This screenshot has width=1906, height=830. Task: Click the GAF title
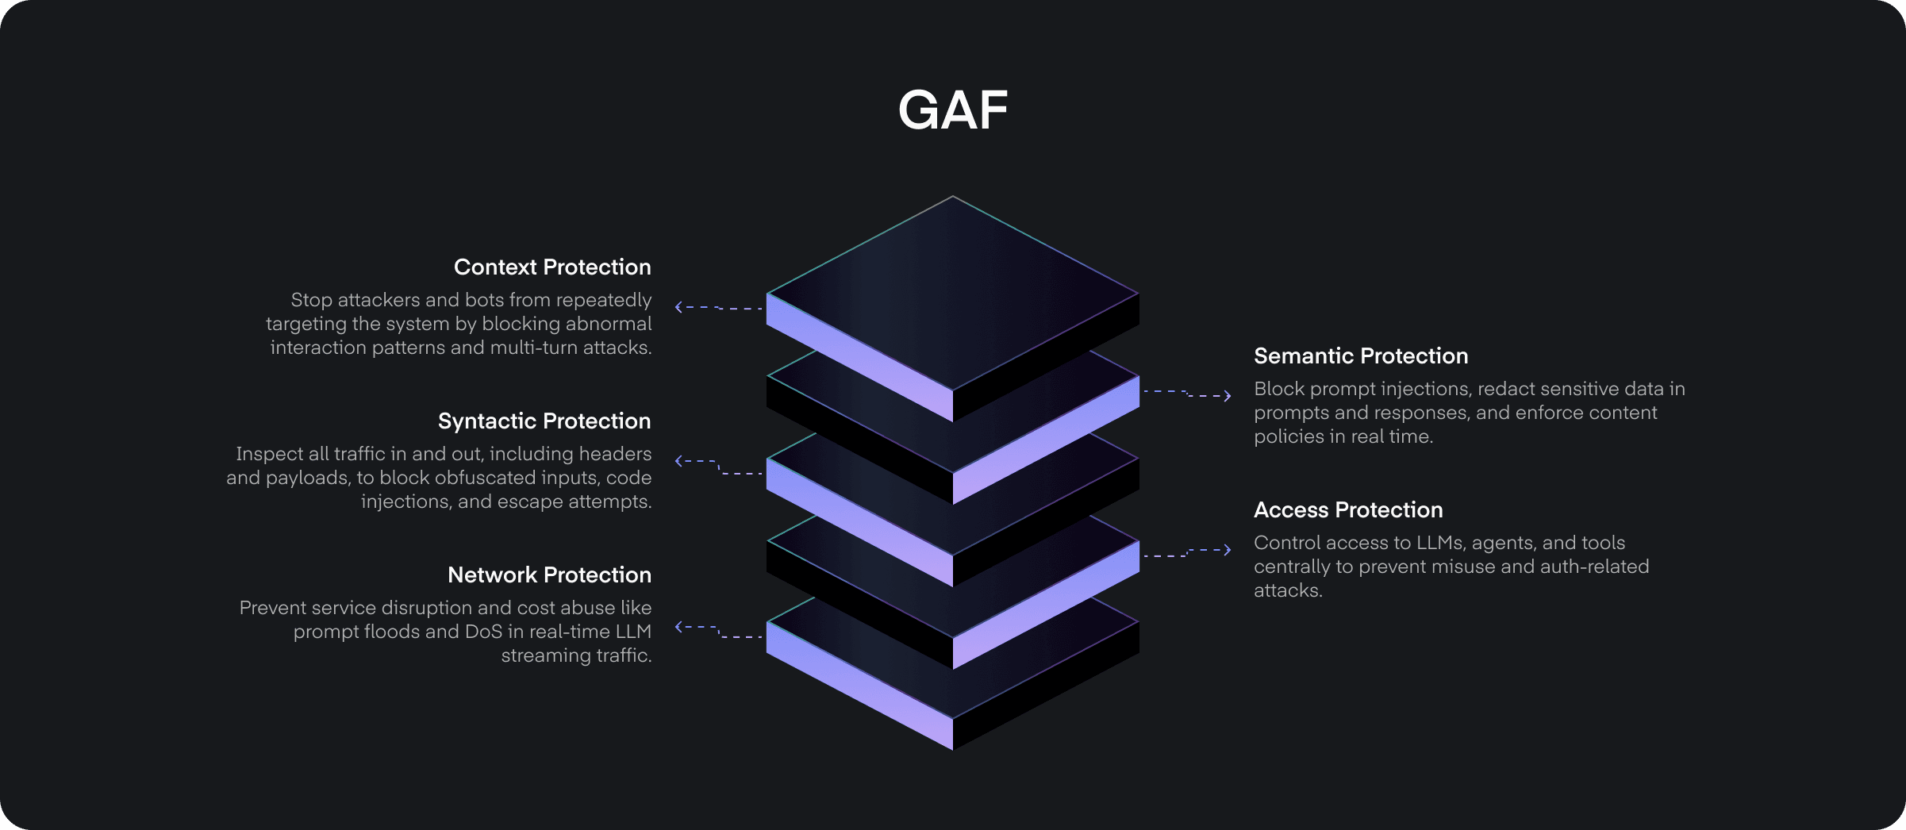[953, 110]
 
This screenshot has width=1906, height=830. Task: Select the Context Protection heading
[552, 267]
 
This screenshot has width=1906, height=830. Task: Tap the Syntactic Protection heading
[544, 421]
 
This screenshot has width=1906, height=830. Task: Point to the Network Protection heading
[549, 575]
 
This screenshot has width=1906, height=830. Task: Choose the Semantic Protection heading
[1361, 356]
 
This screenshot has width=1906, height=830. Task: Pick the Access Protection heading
[1348, 510]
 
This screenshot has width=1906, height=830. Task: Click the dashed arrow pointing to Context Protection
[719, 307]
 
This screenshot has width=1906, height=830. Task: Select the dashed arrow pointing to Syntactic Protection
[719, 467]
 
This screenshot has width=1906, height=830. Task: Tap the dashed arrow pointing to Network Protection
[719, 632]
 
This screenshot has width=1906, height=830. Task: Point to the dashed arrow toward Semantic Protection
[1187, 394]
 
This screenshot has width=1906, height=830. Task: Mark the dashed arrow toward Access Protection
[1187, 553]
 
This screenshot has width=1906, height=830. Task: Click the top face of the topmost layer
[953, 293]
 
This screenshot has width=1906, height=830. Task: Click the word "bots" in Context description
[488, 300]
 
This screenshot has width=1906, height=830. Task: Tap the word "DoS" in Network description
[483, 632]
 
